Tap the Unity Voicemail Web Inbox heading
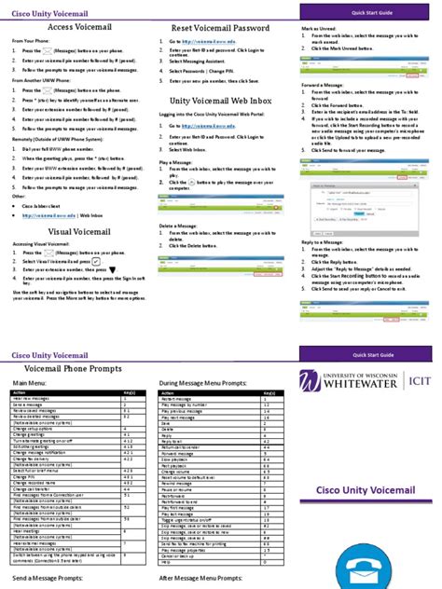click(x=214, y=100)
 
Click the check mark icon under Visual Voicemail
click(x=97, y=263)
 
